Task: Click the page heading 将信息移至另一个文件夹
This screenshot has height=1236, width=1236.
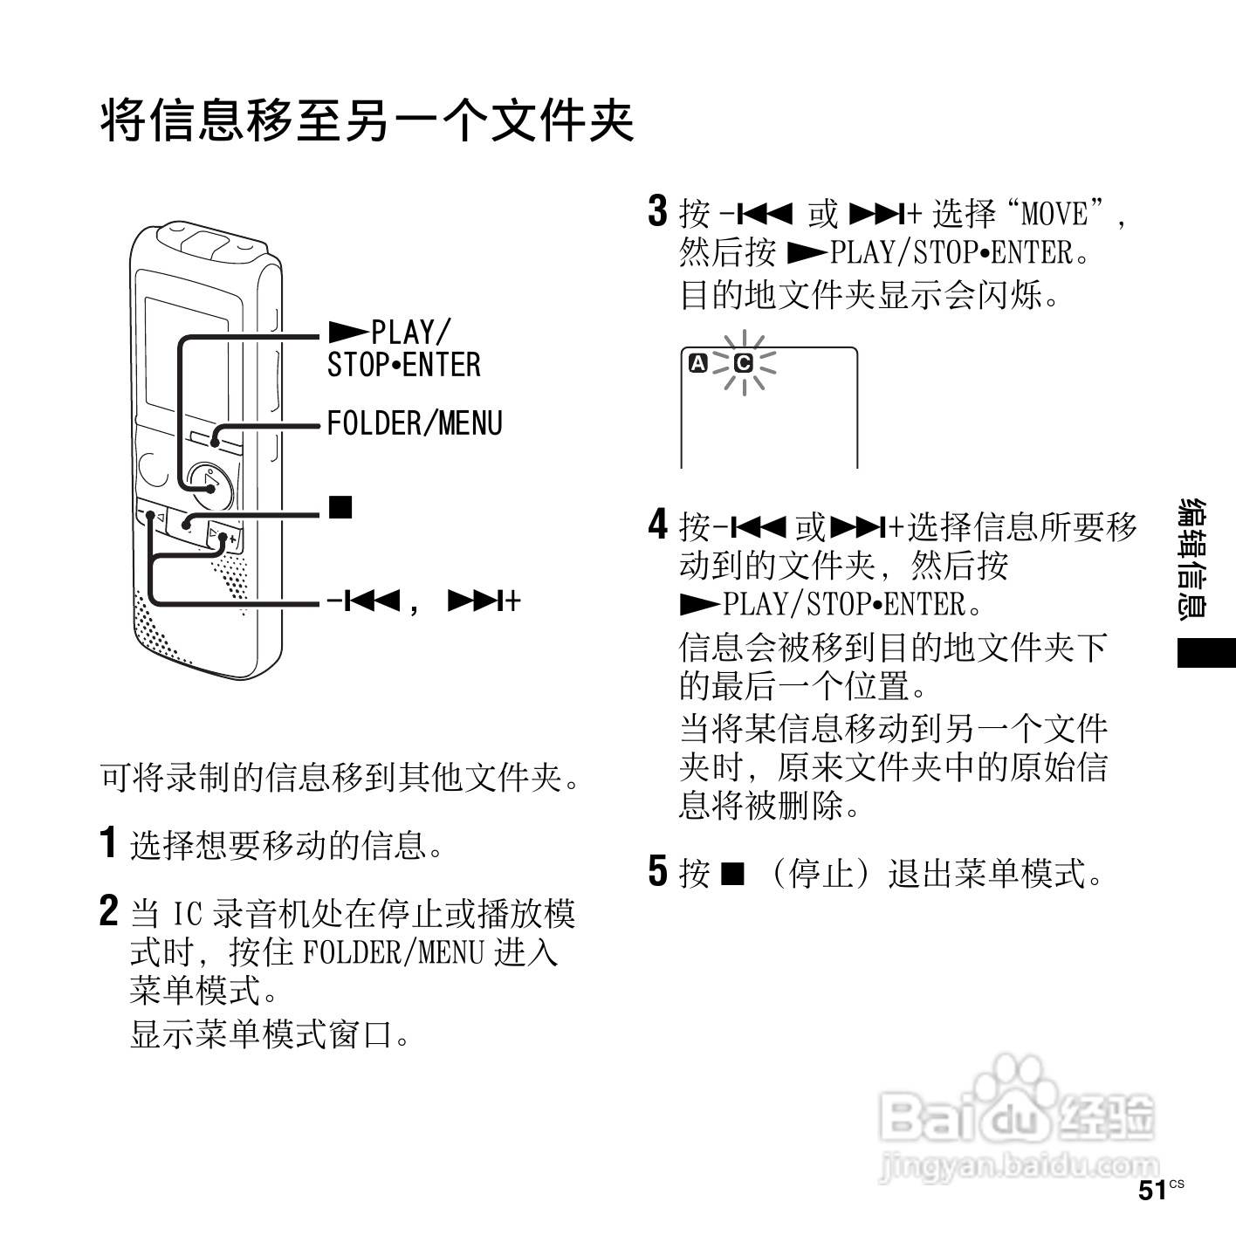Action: pyautogui.click(x=367, y=121)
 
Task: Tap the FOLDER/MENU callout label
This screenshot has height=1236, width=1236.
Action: pyautogui.click(x=415, y=424)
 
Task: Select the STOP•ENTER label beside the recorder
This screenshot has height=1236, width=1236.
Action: pyautogui.click(x=403, y=365)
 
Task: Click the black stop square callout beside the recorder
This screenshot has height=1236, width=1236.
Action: pyautogui.click(x=340, y=506)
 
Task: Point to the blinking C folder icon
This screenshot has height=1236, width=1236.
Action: pyautogui.click(x=744, y=362)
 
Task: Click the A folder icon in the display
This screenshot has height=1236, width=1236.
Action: pyautogui.click(x=698, y=362)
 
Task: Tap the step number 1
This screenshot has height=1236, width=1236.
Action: pyautogui.click(x=108, y=842)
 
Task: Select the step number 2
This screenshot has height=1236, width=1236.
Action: pyautogui.click(x=108, y=911)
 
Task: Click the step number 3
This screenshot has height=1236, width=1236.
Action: pyautogui.click(x=657, y=212)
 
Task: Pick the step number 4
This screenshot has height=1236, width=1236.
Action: pyautogui.click(x=657, y=525)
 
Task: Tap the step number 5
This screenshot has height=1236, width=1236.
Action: pyautogui.click(x=657, y=871)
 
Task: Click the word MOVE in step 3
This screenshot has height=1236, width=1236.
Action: pyautogui.click(x=1054, y=214)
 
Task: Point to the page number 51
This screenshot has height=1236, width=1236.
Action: pyautogui.click(x=1152, y=1191)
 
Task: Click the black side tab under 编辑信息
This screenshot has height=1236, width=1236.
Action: pyautogui.click(x=1206, y=653)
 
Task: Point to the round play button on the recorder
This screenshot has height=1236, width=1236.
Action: pyautogui.click(x=210, y=485)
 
